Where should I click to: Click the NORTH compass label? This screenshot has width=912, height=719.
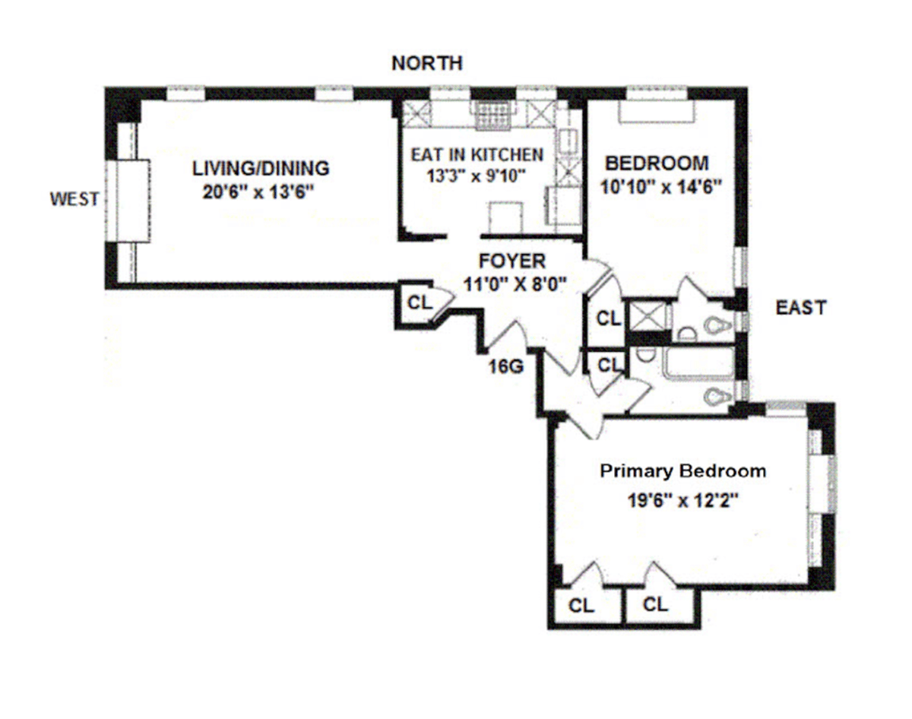pos(426,63)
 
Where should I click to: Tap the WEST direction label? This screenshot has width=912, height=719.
pos(74,199)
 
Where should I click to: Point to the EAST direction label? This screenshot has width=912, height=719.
pos(800,308)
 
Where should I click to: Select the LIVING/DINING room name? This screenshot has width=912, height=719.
pos(260,167)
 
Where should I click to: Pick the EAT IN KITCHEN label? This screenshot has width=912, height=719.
pos(477,155)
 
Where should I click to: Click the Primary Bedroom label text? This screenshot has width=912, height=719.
pos(682,471)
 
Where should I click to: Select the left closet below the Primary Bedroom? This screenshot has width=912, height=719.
pos(583,606)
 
